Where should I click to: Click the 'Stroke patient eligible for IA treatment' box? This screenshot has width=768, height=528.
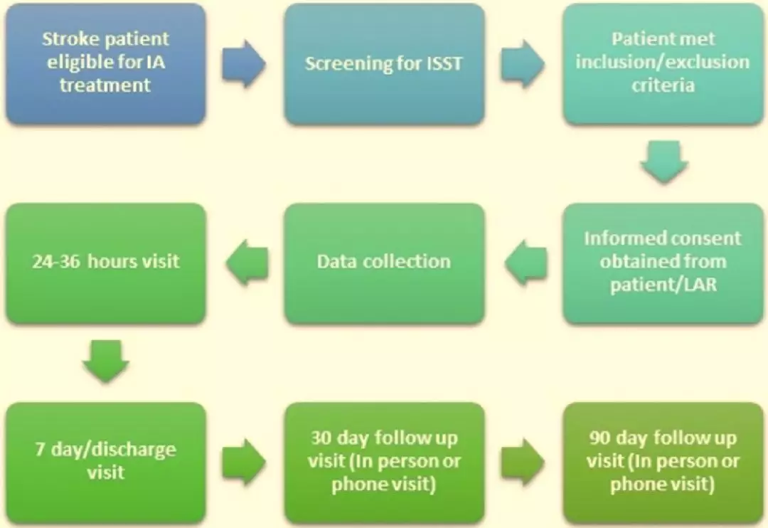pyautogui.click(x=106, y=64)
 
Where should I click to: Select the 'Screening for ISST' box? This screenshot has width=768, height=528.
pyautogui.click(x=385, y=64)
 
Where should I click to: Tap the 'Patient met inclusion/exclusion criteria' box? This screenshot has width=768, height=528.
pyautogui.click(x=663, y=64)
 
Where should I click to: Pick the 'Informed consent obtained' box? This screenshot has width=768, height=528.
pyautogui.click(x=663, y=263)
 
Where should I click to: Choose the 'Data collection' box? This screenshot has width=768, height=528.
pyautogui.click(x=385, y=263)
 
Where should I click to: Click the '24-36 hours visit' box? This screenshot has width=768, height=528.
pyautogui.click(x=106, y=263)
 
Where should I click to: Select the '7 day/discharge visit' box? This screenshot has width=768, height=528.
pyautogui.click(x=106, y=463)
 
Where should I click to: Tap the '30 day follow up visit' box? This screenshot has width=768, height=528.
pyautogui.click(x=385, y=463)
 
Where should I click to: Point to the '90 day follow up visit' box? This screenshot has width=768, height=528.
pyautogui.click(x=663, y=463)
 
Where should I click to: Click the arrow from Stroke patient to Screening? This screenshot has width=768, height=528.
pyautogui.click(x=244, y=64)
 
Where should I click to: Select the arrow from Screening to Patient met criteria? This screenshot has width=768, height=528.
pyautogui.click(x=523, y=64)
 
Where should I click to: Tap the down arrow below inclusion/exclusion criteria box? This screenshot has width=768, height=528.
pyautogui.click(x=664, y=162)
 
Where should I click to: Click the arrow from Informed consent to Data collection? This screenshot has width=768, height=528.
pyautogui.click(x=526, y=263)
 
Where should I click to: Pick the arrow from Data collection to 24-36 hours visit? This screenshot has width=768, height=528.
pyautogui.click(x=247, y=263)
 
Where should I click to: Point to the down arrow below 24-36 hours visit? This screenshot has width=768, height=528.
pyautogui.click(x=106, y=361)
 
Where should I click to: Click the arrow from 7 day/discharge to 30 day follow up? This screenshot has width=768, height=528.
pyautogui.click(x=244, y=463)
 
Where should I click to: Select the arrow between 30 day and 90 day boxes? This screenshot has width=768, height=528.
pyautogui.click(x=523, y=463)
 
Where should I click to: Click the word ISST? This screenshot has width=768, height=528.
pyautogui.click(x=444, y=64)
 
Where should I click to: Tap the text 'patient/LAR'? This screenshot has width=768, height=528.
pyautogui.click(x=663, y=285)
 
